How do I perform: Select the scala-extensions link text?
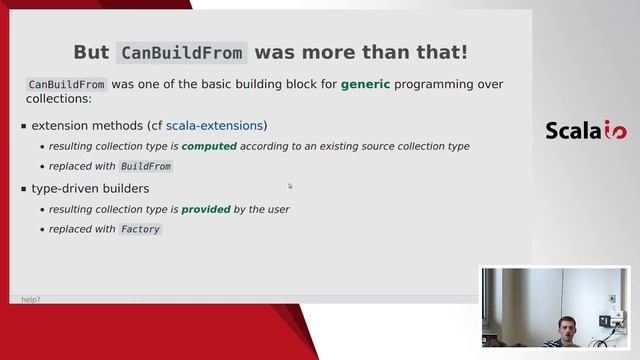[x=214, y=126]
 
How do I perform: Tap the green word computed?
[x=209, y=146]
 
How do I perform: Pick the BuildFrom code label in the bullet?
[x=145, y=166]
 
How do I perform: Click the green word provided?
[x=206, y=210]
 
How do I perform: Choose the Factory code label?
[x=140, y=229]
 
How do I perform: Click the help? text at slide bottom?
[x=31, y=299]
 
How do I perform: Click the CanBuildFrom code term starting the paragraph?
[x=66, y=85]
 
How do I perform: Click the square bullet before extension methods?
[x=23, y=127]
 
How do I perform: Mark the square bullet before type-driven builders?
[x=23, y=189]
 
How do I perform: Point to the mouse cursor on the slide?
[x=290, y=185]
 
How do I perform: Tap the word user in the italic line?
[x=277, y=210]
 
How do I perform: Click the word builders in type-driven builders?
[x=125, y=188]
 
